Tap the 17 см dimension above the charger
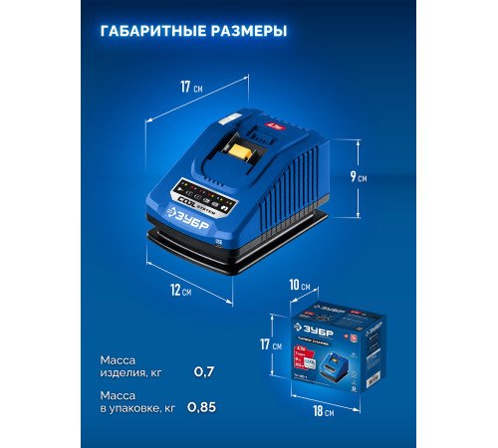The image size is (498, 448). (190, 87)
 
